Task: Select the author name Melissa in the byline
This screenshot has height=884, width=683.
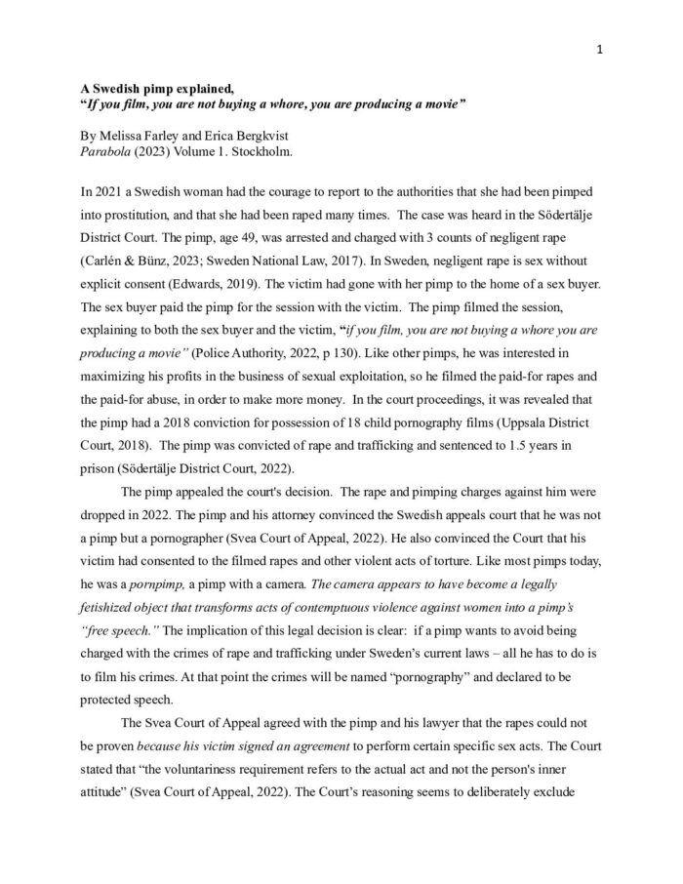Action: (123, 138)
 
